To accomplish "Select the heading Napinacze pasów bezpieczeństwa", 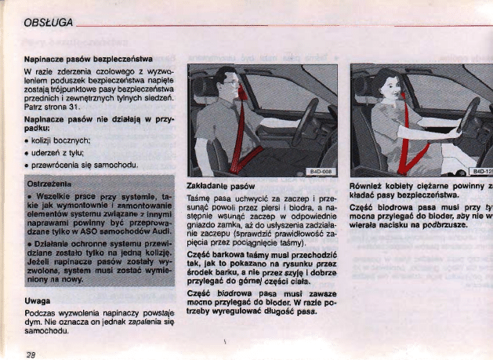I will click(88, 59).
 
